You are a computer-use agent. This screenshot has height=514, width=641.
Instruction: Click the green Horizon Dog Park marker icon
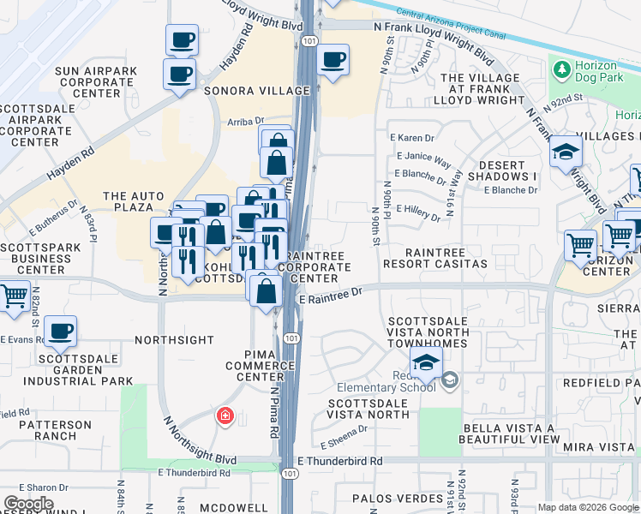click(561, 69)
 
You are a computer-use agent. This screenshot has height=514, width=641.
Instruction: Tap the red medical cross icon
click(225, 416)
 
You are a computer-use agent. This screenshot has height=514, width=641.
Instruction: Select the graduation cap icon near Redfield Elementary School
click(426, 362)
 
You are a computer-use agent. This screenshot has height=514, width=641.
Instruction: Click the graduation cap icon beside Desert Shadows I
click(566, 152)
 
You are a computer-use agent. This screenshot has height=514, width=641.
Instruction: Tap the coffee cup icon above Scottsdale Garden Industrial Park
click(60, 331)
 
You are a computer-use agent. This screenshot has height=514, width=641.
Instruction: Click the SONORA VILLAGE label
click(256, 90)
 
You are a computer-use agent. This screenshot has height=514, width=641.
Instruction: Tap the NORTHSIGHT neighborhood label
click(174, 340)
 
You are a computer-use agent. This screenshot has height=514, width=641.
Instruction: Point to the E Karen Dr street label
click(411, 137)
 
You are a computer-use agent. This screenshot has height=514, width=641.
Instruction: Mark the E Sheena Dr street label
click(344, 438)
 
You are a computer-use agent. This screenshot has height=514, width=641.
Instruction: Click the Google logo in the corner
click(28, 503)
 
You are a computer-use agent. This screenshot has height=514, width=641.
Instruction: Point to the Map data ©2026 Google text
click(588, 507)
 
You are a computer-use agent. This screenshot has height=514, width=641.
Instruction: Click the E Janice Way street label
click(423, 161)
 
